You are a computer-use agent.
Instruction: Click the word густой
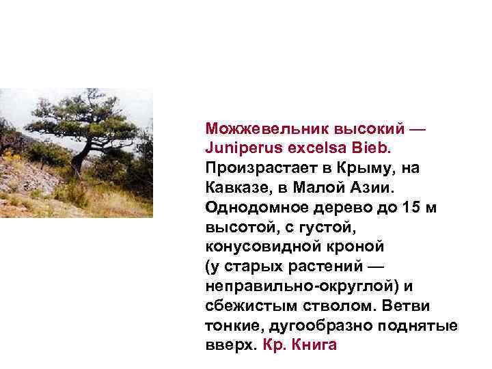pyautogui.click(x=325, y=225)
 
